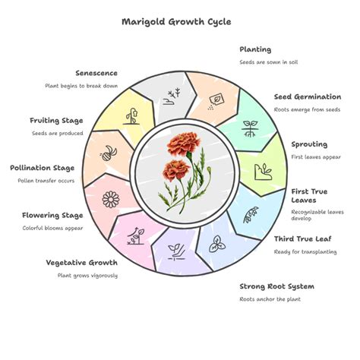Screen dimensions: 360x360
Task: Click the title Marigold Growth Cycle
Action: coord(176,22)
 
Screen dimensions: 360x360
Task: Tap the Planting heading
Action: coord(255,49)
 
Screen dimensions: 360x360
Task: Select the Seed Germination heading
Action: coord(308,96)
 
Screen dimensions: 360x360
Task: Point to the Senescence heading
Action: coord(96,73)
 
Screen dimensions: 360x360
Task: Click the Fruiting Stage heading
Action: coord(56,121)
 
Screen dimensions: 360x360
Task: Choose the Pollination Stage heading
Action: coord(43,168)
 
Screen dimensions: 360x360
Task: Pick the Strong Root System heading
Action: coord(277,286)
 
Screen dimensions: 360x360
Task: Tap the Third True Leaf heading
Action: coord(303,239)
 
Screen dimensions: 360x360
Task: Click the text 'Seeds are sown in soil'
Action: coord(269,62)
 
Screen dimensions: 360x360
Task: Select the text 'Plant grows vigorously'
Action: coord(87,276)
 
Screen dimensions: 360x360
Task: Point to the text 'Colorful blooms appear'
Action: coord(52,228)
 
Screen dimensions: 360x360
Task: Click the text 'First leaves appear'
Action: coord(316,157)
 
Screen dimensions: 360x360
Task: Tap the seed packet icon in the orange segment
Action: coord(216,101)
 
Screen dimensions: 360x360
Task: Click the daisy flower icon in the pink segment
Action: coord(111,200)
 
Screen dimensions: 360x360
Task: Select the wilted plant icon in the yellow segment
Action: coord(131,116)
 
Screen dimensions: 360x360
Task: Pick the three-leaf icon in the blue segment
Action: coord(217,245)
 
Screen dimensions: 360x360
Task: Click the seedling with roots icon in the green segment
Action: coord(250,128)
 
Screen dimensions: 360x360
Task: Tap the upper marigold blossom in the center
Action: coord(184,144)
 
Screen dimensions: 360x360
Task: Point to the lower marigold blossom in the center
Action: coord(176,170)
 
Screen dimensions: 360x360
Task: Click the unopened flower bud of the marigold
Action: coord(209,170)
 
